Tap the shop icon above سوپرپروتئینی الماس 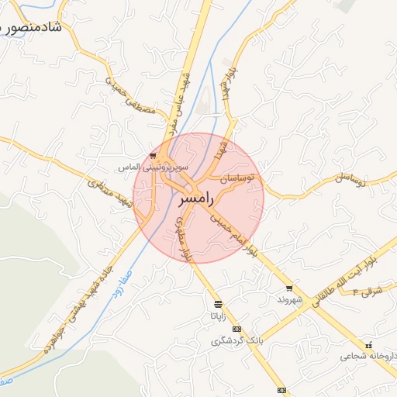point(154,156)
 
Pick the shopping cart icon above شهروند point(288,288)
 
